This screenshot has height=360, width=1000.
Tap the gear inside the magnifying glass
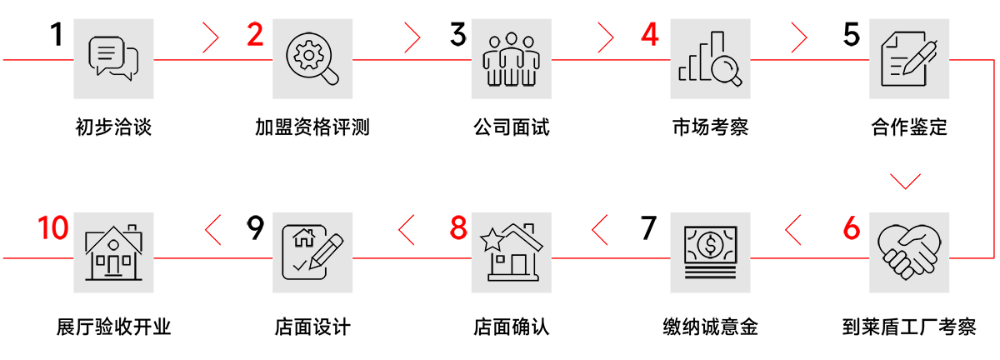(x=307, y=54)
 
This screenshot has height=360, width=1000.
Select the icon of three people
(x=512, y=59)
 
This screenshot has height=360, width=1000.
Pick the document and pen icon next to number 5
(x=907, y=57)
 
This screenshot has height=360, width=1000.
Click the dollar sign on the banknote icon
(x=710, y=245)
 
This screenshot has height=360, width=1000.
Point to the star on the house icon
(x=492, y=240)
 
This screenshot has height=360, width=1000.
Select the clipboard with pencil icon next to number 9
(x=312, y=252)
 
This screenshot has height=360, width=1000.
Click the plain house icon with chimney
(x=114, y=252)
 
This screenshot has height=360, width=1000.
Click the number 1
(x=56, y=34)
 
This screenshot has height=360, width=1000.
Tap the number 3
(x=458, y=35)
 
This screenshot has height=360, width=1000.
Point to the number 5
(x=851, y=35)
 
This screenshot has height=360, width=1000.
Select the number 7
(x=648, y=228)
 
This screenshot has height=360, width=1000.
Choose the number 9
(x=255, y=228)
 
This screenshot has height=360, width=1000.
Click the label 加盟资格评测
(x=312, y=127)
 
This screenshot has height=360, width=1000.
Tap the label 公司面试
(x=512, y=127)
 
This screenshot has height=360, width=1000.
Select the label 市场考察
(x=710, y=127)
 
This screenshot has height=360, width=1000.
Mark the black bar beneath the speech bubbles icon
(x=113, y=127)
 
